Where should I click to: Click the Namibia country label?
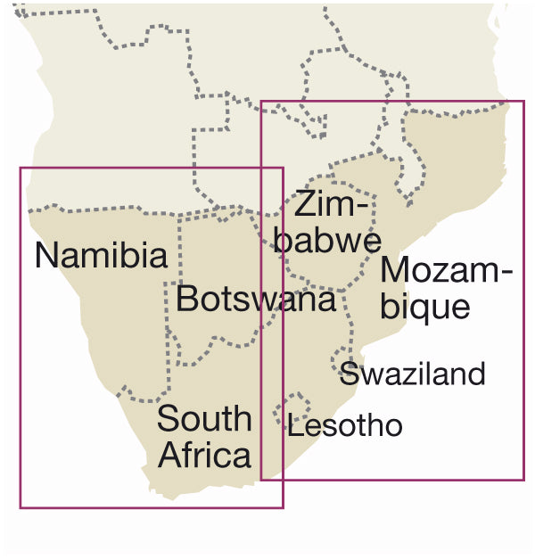(101, 256)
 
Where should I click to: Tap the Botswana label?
(256, 299)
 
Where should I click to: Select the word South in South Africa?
(204, 419)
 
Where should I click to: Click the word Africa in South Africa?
(204, 456)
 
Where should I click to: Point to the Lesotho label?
(345, 426)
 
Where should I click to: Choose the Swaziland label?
(412, 374)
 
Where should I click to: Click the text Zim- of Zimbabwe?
(333, 205)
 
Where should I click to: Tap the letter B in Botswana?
(187, 299)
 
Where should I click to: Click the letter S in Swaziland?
(349, 374)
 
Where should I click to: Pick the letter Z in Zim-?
(306, 205)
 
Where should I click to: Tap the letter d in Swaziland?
(476, 374)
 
